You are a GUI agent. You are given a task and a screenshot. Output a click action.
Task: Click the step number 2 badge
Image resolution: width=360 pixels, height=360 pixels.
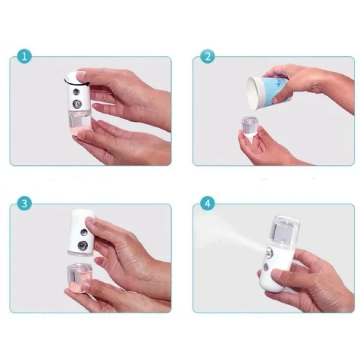(207, 56)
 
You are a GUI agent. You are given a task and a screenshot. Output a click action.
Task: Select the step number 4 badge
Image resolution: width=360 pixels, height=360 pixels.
(207, 203)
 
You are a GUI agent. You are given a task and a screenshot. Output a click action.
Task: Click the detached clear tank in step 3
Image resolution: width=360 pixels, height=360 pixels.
(80, 278)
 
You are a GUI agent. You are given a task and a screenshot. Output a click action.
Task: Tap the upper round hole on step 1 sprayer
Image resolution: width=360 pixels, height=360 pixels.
(76, 92)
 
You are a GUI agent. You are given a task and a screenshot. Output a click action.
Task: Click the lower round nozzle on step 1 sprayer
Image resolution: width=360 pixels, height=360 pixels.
(77, 104)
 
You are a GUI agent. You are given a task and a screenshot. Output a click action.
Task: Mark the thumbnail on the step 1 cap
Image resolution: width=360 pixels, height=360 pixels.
(81, 76)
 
